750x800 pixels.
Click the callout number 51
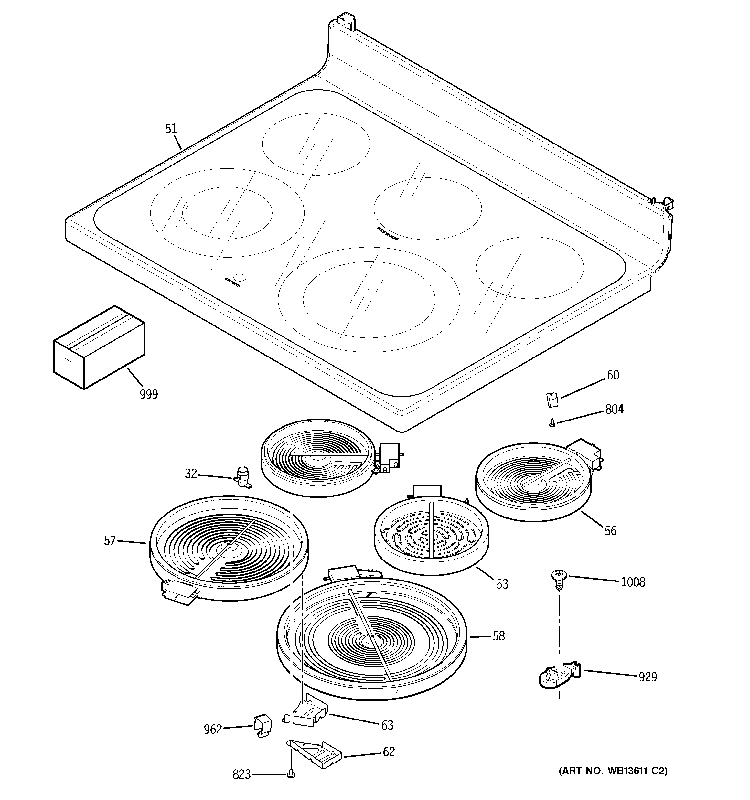(171, 129)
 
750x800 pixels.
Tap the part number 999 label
(149, 394)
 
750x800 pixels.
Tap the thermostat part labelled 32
(243, 477)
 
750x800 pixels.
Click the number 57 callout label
(110, 540)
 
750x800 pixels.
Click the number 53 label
(502, 584)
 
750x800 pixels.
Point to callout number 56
(610, 531)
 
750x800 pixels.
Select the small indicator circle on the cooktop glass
(240, 278)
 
